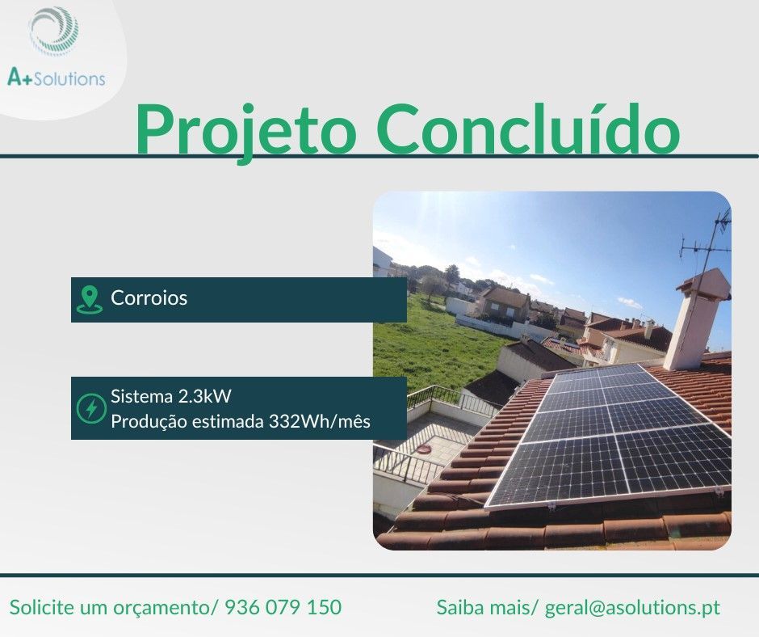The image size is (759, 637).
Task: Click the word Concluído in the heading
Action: click(x=528, y=129)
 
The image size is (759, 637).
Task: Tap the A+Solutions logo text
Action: click(x=56, y=78)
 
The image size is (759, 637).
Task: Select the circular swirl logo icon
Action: click(x=54, y=32)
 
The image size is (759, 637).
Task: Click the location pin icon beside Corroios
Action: click(x=89, y=299)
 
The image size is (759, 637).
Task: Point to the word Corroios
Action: click(x=149, y=298)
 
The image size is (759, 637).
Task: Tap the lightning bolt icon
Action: click(x=90, y=408)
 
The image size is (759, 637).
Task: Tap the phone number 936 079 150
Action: click(x=283, y=607)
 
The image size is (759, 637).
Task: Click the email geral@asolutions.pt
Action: click(x=632, y=607)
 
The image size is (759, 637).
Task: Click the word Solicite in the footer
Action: click(x=41, y=607)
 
